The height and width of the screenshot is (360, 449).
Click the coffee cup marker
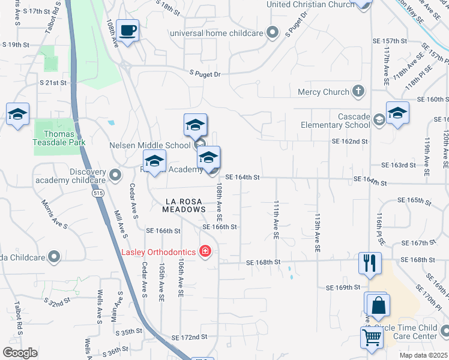pos(127,30)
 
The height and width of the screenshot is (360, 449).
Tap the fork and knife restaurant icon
pos(369,263)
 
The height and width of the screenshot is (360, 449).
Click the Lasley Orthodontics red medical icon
pos(205,251)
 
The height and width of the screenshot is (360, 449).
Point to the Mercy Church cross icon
pos(358,92)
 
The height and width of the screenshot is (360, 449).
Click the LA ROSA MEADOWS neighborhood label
pos(184,205)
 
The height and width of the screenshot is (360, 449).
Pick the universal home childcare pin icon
pos(273,32)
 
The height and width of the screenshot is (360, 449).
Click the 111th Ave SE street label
pos(277,220)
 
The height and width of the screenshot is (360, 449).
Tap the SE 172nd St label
pos(189,338)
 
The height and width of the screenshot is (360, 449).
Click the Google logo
pos(20,353)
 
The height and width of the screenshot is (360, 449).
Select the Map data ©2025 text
pos(423,355)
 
